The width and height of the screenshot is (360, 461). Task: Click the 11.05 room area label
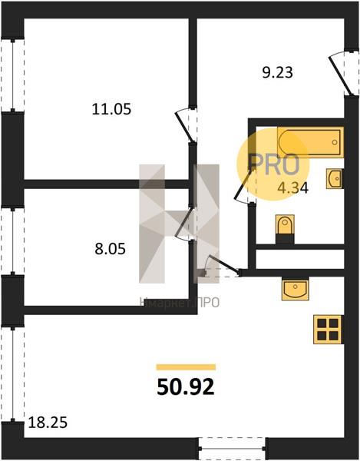111,109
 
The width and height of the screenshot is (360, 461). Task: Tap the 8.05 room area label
110,249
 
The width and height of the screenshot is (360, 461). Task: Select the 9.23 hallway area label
278,73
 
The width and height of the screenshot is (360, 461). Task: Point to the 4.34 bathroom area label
293,188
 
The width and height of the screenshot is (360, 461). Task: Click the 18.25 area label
48,423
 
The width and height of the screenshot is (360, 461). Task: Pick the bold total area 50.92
186,387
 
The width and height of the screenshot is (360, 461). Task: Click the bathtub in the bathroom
310,142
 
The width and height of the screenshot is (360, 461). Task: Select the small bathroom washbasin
335,178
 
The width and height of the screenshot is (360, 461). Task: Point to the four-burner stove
328,330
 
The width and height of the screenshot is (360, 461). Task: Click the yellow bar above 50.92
186,367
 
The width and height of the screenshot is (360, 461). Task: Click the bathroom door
243,185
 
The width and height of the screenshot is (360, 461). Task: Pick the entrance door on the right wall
341,75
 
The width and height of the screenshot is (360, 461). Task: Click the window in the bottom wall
232,449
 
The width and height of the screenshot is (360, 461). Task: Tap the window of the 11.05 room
12,75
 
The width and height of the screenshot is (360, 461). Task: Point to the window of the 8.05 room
12,241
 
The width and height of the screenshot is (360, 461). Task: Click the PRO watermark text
274,164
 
